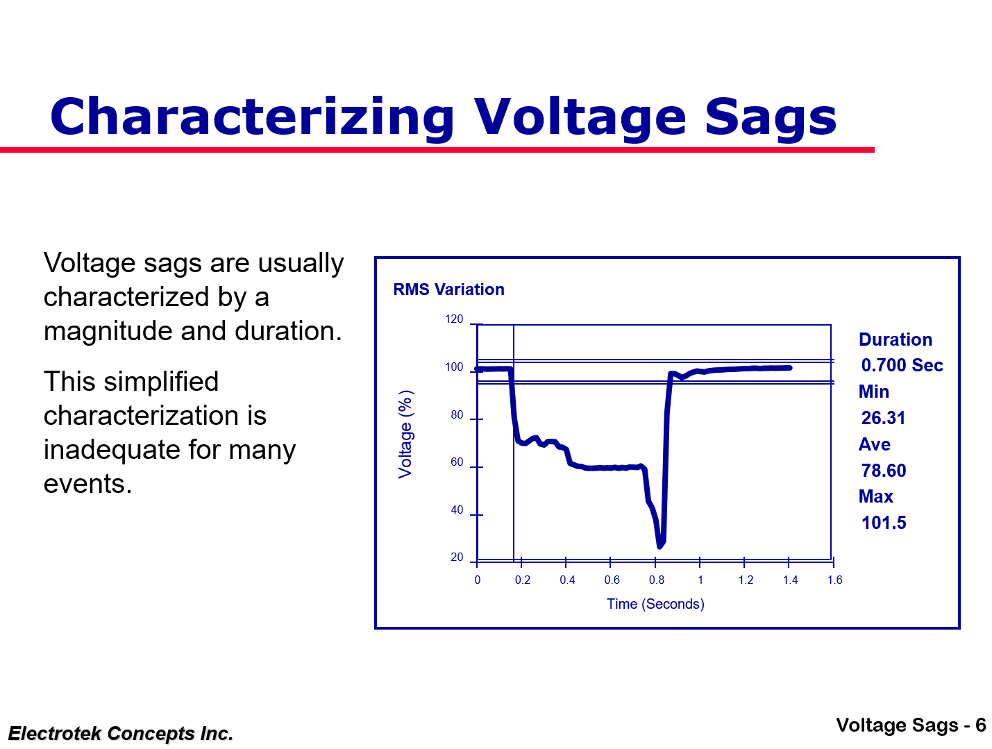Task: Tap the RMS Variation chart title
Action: click(x=448, y=289)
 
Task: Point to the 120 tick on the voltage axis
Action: click(x=454, y=319)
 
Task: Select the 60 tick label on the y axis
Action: click(x=456, y=462)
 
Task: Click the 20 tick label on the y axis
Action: click(x=456, y=557)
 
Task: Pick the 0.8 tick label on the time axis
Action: click(x=656, y=580)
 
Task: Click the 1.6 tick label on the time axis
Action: click(x=834, y=580)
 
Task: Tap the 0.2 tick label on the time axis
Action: click(x=522, y=580)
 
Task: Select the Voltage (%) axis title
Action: click(x=405, y=435)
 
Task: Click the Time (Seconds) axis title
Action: click(x=655, y=604)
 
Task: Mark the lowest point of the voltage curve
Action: click(x=659, y=546)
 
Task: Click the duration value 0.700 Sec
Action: click(x=902, y=366)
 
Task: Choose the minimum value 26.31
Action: click(x=883, y=419)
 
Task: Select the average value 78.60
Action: click(x=883, y=471)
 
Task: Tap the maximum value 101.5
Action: click(x=883, y=523)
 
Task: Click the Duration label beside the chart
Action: click(x=895, y=340)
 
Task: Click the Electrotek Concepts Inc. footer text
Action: click(x=121, y=734)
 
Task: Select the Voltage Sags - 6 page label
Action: click(x=911, y=725)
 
